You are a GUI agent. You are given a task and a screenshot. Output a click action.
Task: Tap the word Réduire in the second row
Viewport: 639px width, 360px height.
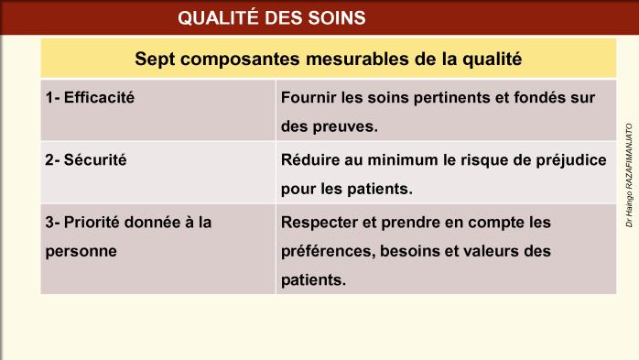(309, 159)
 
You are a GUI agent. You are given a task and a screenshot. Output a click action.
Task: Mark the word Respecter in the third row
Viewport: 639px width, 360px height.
(319, 222)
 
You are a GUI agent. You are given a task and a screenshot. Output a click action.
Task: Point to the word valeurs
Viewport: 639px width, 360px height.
(507, 250)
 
